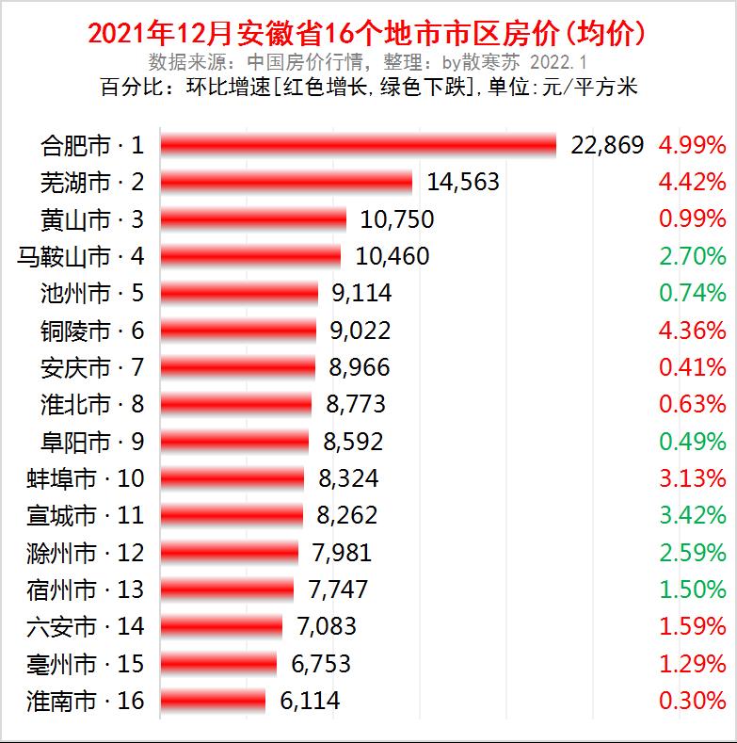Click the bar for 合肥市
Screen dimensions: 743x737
click(x=359, y=144)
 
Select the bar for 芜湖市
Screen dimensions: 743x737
click(x=286, y=182)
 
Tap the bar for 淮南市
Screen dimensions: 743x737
click(x=213, y=702)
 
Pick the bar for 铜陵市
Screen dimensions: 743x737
click(x=238, y=331)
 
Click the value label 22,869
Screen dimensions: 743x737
click(x=608, y=145)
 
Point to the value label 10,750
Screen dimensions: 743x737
click(x=395, y=219)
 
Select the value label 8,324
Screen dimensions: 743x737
click(x=348, y=478)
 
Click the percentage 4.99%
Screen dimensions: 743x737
click(x=692, y=145)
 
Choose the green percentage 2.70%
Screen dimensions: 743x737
click(x=692, y=256)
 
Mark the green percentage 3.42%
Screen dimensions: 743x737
click(x=692, y=516)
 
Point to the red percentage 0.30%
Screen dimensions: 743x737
click(x=692, y=702)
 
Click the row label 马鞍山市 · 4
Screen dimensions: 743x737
click(x=83, y=256)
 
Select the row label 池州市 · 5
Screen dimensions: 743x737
click(x=93, y=293)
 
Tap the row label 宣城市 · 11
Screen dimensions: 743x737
click(x=87, y=516)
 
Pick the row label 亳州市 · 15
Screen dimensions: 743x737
click(x=87, y=664)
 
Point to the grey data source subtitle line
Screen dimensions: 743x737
click(x=368, y=62)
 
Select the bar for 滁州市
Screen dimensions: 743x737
click(x=229, y=553)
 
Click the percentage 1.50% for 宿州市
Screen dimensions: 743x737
click(x=692, y=590)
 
